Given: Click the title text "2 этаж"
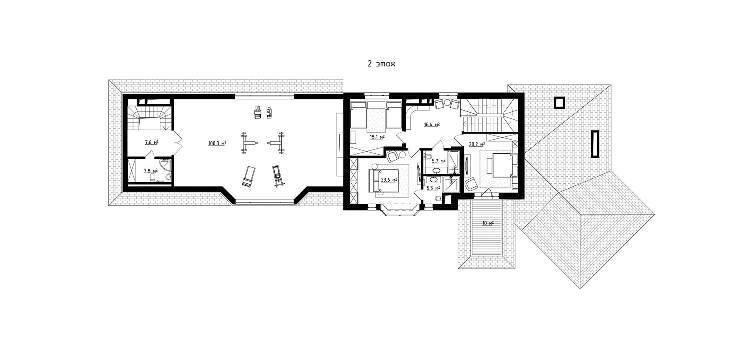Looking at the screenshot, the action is [381, 64].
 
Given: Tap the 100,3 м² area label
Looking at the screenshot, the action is [217, 143].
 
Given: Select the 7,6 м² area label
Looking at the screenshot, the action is [152, 143].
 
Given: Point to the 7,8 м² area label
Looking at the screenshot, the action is [150, 170].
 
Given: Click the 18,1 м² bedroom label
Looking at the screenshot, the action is [377, 136].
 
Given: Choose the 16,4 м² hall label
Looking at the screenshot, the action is [432, 124].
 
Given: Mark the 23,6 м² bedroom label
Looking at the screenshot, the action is [389, 180].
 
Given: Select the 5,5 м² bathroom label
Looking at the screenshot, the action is [433, 188].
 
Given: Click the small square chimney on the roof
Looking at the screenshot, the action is [559, 102].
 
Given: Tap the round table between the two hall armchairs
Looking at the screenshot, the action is [448, 103].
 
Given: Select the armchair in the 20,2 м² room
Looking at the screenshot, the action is [471, 184].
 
